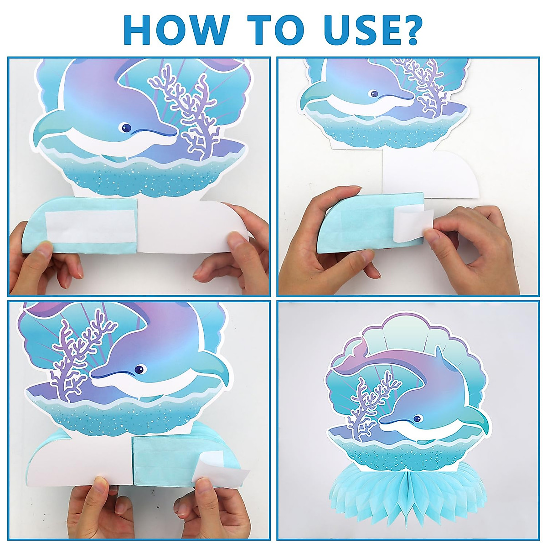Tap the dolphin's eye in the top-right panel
click(x=374, y=94)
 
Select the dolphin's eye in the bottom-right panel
click(x=417, y=418)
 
